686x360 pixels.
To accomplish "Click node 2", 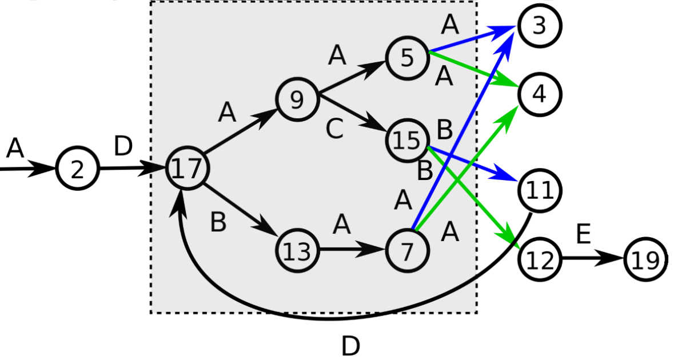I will pyautogui.click(x=78, y=170).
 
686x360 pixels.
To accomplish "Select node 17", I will pyautogui.click(x=187, y=169).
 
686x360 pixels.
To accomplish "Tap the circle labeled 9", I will pyautogui.click(x=297, y=100).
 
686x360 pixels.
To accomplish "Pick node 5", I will pyautogui.click(x=407, y=58).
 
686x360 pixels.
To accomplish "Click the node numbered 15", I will pyautogui.click(x=407, y=141).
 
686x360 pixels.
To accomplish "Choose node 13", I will pyautogui.click(x=297, y=250).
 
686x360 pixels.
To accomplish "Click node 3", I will pyautogui.click(x=540, y=26).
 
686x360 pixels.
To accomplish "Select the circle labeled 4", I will pyautogui.click(x=540, y=94).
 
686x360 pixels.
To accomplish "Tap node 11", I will pyautogui.click(x=540, y=190).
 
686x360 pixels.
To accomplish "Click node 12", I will pyautogui.click(x=540, y=259).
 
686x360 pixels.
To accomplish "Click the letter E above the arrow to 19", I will pyautogui.click(x=583, y=234).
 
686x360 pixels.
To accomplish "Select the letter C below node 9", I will pyautogui.click(x=334, y=130).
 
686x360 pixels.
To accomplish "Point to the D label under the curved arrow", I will pyautogui.click(x=350, y=346).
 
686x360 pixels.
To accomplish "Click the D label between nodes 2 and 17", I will pyautogui.click(x=123, y=147).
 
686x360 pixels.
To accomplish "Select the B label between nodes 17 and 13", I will pyautogui.click(x=218, y=222).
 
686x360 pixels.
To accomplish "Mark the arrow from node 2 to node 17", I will pyautogui.click(x=131, y=169).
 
